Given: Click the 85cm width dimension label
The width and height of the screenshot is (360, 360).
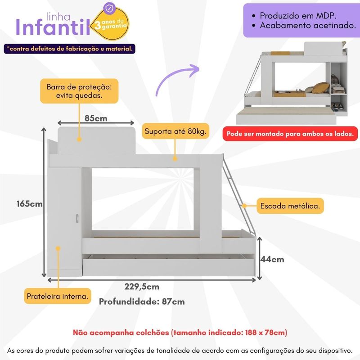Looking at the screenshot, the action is [96, 118].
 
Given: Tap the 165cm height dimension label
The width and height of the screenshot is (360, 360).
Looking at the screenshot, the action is [29, 204].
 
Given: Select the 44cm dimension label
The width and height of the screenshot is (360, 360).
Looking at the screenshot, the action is [272, 260].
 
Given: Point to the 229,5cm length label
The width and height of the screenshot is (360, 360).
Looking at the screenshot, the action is [142, 287].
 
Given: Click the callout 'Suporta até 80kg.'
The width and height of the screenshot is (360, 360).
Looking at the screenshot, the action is [175, 131].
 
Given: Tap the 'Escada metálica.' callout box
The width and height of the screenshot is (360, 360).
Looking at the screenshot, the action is [290, 206].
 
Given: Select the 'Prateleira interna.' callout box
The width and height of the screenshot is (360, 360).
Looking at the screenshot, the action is [58, 296].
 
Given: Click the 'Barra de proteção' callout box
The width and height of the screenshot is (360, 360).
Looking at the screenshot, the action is [79, 91].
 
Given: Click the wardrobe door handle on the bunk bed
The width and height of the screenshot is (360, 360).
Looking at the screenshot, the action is [77, 218].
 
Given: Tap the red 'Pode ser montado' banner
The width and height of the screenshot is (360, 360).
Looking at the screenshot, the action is [290, 134].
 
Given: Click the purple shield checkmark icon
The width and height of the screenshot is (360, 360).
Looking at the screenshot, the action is [109, 9].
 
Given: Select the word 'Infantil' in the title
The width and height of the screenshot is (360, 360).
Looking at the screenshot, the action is [53, 27].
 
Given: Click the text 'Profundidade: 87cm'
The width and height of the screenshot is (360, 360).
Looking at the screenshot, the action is [142, 301].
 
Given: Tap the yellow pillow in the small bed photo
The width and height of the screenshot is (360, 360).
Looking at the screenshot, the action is [321, 88].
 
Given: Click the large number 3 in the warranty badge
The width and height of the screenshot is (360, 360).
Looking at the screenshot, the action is [98, 25].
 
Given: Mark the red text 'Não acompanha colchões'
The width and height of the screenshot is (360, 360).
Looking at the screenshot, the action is [121, 333].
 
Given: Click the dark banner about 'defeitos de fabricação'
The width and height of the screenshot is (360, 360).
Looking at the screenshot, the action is [70, 49].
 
